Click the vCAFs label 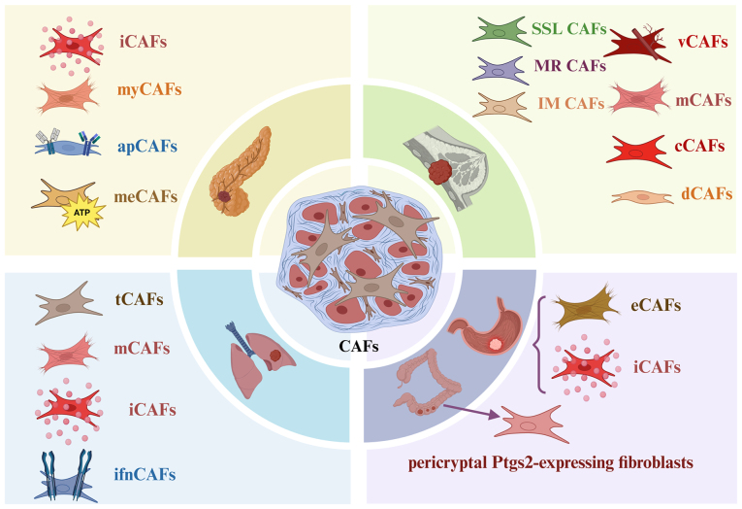[696, 40]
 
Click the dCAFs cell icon [642, 197]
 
